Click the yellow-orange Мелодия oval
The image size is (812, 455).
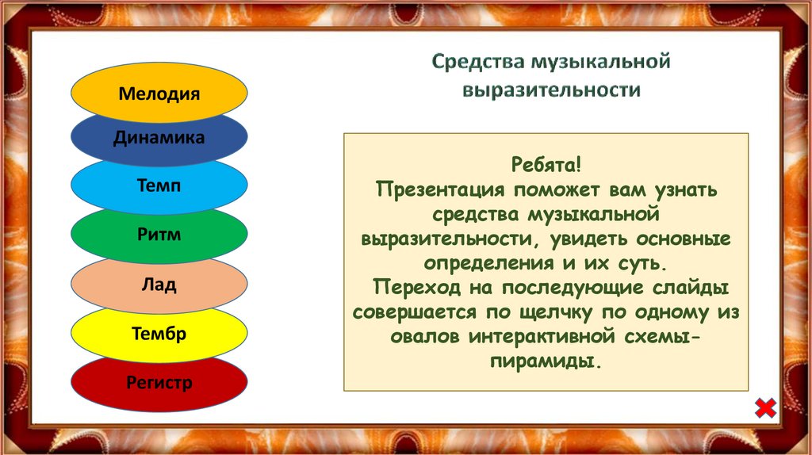point(159,94)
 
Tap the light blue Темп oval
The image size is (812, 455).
point(159,186)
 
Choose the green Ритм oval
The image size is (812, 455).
point(159,235)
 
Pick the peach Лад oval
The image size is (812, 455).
point(159,285)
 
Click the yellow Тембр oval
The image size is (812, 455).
point(159,334)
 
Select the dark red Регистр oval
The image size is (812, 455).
point(159,384)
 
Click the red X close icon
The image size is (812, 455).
point(765,408)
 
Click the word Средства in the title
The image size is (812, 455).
point(478,62)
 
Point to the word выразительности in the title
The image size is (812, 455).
point(552,90)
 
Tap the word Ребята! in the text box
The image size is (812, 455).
point(546,165)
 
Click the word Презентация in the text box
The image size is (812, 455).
point(440,189)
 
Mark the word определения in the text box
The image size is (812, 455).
point(488,263)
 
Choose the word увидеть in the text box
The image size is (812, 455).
point(588,239)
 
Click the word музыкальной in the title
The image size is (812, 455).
point(601,62)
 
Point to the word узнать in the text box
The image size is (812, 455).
point(686,189)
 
